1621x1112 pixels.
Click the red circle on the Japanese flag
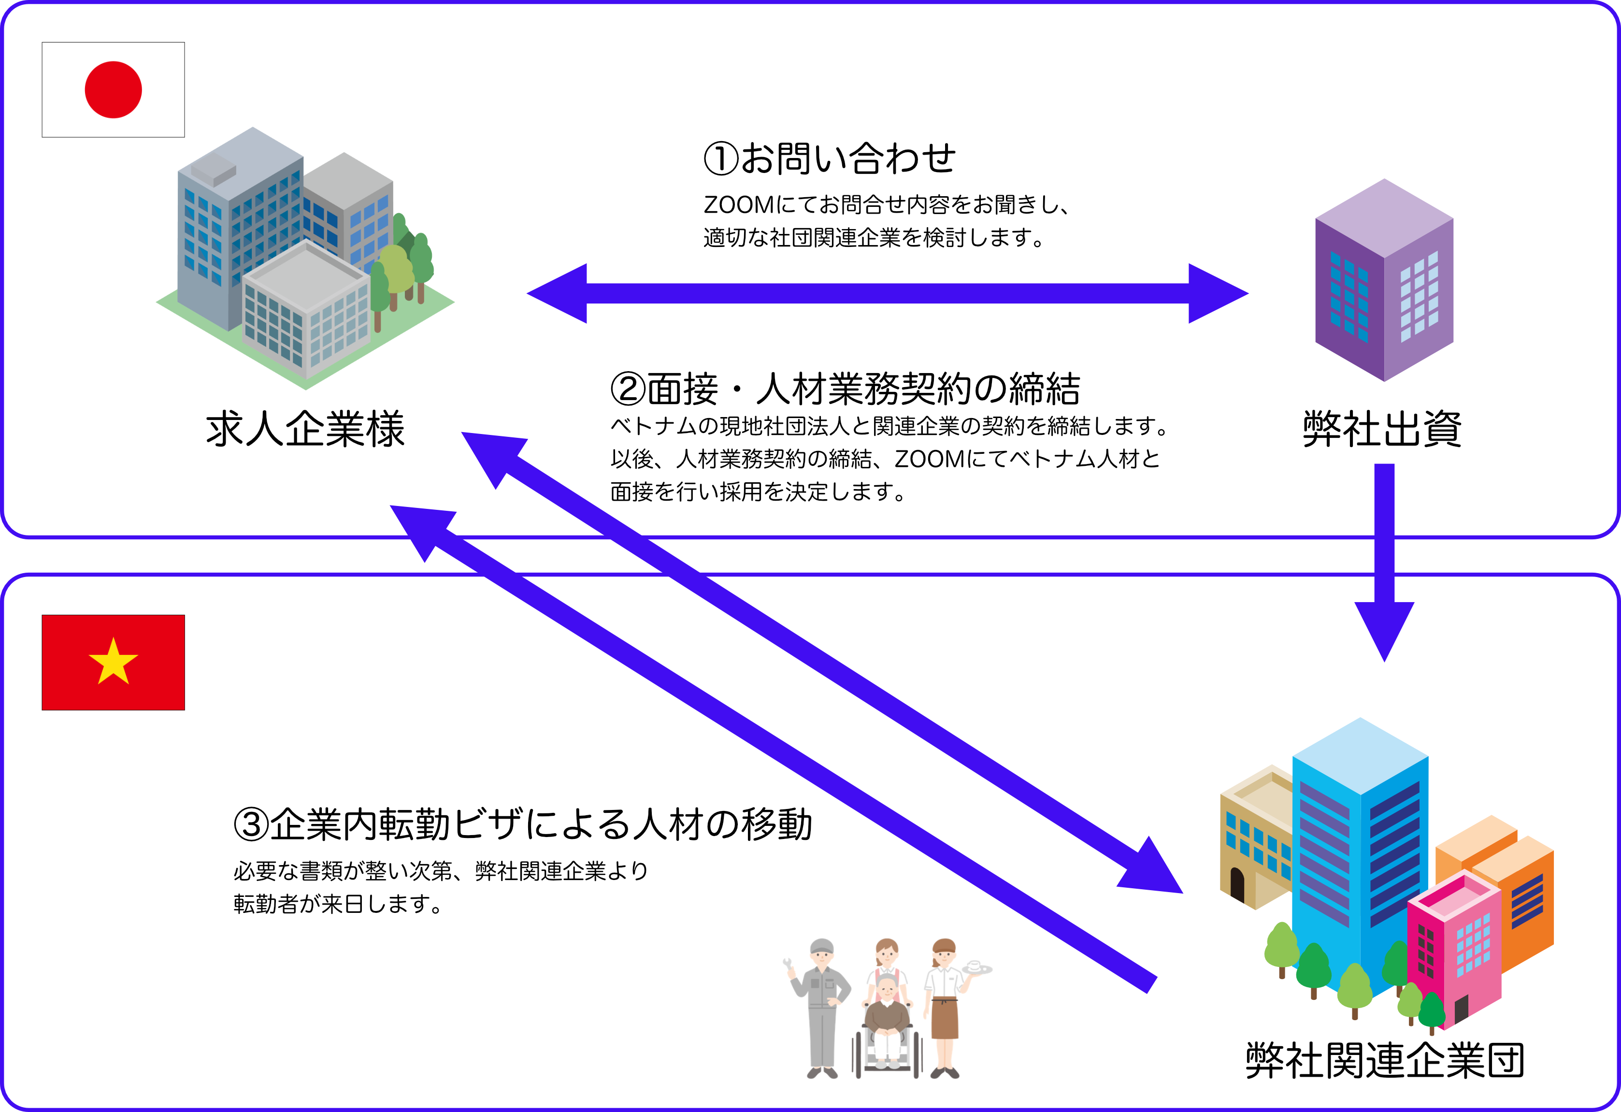[113, 90]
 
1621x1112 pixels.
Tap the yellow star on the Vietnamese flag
[113, 662]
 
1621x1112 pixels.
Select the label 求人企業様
[305, 429]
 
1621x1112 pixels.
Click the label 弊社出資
[1382, 429]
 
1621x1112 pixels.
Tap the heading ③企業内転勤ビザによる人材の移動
[523, 824]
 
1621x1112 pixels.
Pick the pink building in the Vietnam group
[1455, 949]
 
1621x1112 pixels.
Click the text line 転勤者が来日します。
[338, 905]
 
